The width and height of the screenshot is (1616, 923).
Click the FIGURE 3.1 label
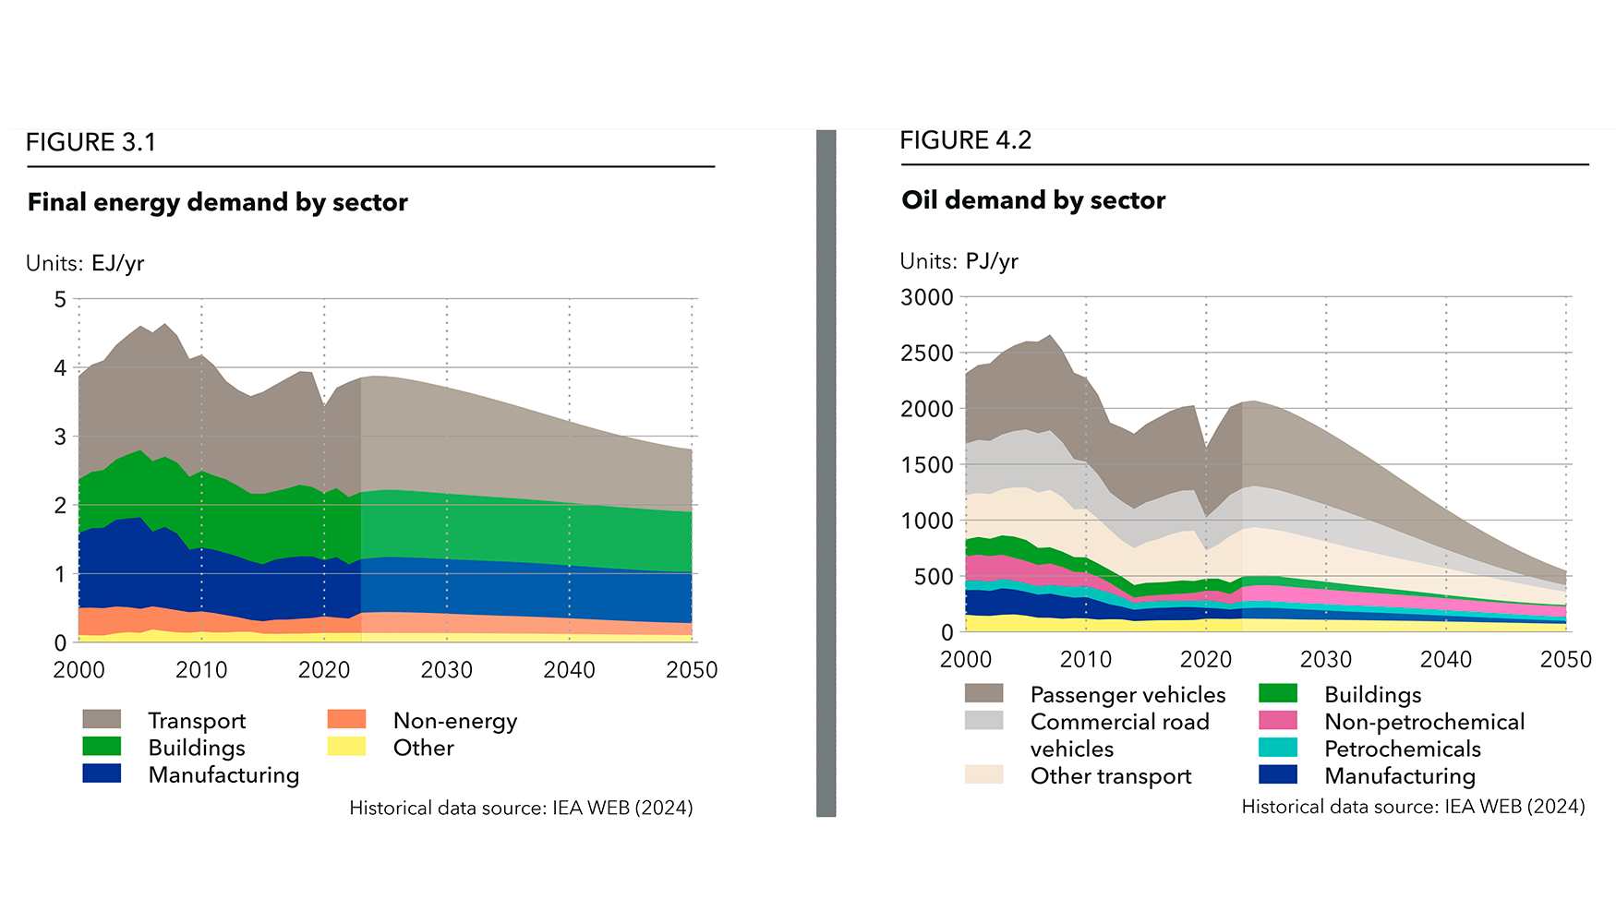coord(90,142)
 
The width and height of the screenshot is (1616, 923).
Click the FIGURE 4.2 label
coord(965,140)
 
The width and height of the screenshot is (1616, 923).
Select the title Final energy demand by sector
coord(217,202)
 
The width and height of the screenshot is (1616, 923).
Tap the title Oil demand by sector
coord(1032,200)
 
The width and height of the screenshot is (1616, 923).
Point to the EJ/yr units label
coord(85,263)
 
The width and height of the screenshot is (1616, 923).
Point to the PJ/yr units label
coord(959,261)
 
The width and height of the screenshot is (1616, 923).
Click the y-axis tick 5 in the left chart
coord(61,299)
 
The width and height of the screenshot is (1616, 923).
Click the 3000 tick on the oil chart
coord(926,297)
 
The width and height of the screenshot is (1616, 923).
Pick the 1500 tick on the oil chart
coord(926,465)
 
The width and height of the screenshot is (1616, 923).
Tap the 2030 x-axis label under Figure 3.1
coord(446,670)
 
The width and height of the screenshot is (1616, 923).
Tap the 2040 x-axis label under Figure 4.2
coord(1445,659)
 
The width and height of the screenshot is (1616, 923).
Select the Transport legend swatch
coord(102,720)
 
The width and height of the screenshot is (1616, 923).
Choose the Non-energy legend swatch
coord(346,720)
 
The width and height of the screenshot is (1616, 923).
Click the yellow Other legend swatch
coord(346,747)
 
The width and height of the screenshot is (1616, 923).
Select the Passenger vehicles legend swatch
coord(983,693)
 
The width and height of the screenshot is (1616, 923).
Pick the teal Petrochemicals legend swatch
coord(1278,748)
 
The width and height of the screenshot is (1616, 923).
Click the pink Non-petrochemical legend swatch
coord(1278,721)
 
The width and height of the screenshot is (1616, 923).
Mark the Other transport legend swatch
coord(983,774)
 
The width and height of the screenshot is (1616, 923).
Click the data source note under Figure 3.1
coord(521,808)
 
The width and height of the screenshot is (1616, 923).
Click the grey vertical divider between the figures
coord(826,473)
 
